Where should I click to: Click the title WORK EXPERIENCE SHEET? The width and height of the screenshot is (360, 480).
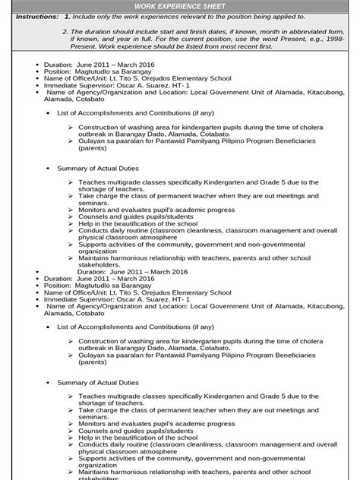point(180,5)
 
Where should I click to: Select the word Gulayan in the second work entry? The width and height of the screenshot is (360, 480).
point(93,363)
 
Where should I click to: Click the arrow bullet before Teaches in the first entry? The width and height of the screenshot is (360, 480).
point(71,183)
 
